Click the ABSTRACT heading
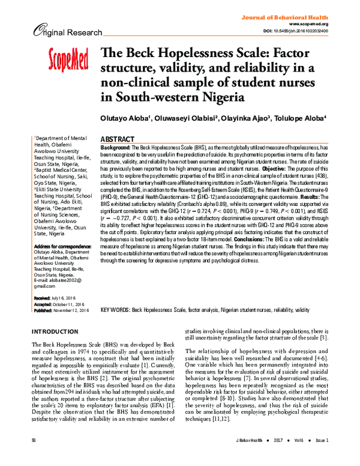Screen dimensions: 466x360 coord(117,138)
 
